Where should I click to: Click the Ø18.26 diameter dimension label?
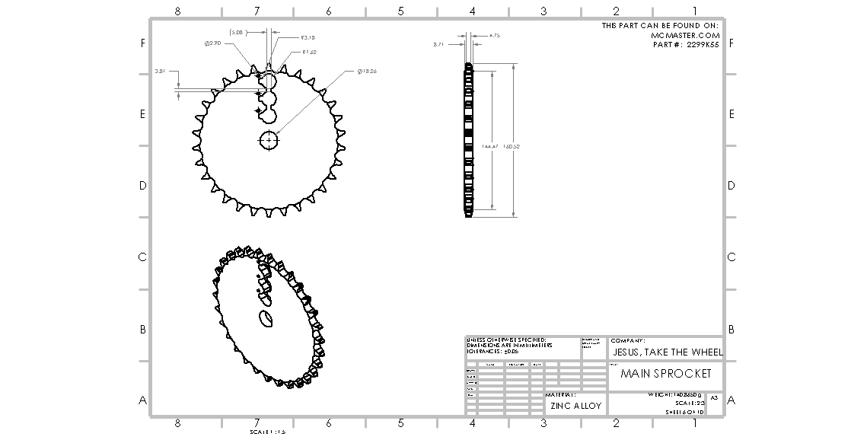pyautogui.click(x=367, y=71)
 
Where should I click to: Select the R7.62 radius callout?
pyautogui.click(x=309, y=53)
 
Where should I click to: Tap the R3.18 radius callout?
pyautogui.click(x=308, y=37)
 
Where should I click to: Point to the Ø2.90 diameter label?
pyautogui.click(x=212, y=44)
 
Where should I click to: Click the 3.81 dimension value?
pyautogui.click(x=160, y=70)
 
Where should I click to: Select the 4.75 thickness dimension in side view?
pyautogui.click(x=494, y=35)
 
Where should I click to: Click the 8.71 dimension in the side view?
pyautogui.click(x=438, y=45)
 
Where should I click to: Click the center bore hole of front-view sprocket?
pyautogui.click(x=270, y=140)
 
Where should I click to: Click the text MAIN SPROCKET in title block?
pyautogui.click(x=665, y=374)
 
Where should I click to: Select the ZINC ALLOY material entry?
pyautogui.click(x=575, y=406)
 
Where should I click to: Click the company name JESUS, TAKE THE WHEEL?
pyautogui.click(x=667, y=352)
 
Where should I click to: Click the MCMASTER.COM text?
pyautogui.click(x=685, y=35)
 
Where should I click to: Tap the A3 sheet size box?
pyautogui.click(x=714, y=398)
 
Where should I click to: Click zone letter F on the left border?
pyautogui.click(x=142, y=43)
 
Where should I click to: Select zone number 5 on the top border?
pyautogui.click(x=400, y=11)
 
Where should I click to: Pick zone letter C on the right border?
pyautogui.click(x=732, y=257)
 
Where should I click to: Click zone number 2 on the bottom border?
pyautogui.click(x=616, y=423)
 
